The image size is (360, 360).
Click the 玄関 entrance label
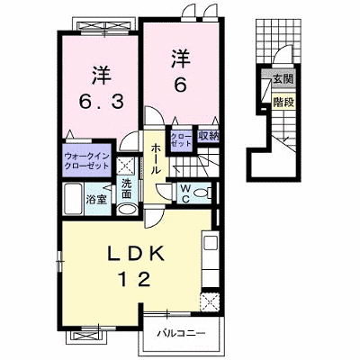[283, 79]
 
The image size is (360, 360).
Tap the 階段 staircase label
[283, 103]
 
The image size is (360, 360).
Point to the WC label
[185, 193]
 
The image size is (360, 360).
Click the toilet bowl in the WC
[201, 193]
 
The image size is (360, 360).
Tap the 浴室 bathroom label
[96, 200]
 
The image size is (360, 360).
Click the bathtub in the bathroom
[73, 199]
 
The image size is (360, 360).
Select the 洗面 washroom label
[126, 189]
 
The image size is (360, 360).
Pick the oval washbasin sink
[127, 210]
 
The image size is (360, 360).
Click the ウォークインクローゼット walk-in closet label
[86, 161]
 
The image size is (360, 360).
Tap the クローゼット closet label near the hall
[181, 139]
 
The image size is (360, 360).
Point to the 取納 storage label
[208, 137]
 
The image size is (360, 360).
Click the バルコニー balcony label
[182, 333]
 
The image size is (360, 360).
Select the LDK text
[136, 255]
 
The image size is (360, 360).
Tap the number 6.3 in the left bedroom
[101, 103]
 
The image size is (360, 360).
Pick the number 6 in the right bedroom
[181, 86]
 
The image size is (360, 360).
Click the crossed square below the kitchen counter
[211, 301]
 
